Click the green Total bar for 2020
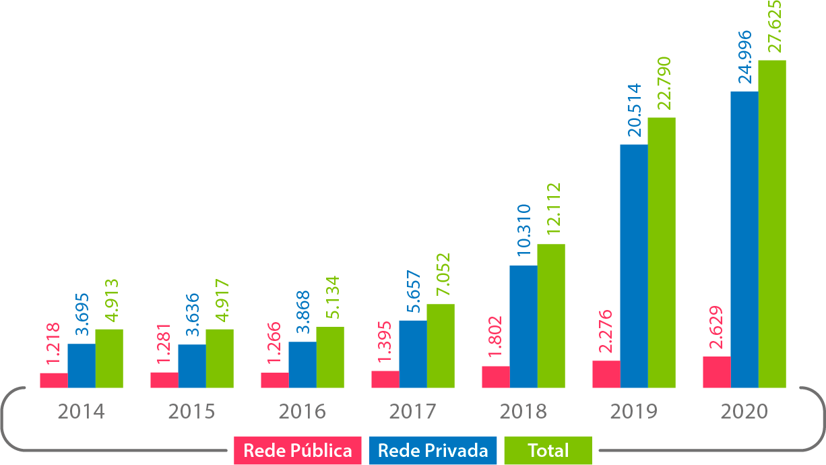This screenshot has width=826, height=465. pos(772,224)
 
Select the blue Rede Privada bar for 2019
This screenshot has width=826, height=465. pos(633,266)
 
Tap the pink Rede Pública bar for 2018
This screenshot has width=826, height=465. pos(495,377)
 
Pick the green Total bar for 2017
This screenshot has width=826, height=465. pos(441,346)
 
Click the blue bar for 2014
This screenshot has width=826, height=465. pos(82,366)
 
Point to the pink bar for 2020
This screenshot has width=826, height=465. pos(716,372)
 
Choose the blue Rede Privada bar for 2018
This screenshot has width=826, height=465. pos(523,327)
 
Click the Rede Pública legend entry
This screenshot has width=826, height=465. pos(297,451)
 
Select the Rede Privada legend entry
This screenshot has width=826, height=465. pos(433,451)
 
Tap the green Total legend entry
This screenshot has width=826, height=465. pos(548,451)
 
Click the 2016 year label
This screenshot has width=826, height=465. pos(302,411)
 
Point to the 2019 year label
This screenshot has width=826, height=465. pos(633,411)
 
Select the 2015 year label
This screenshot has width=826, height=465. pos(191,411)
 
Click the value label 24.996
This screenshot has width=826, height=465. pos(744,57)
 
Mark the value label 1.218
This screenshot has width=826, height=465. pos(53,344)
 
